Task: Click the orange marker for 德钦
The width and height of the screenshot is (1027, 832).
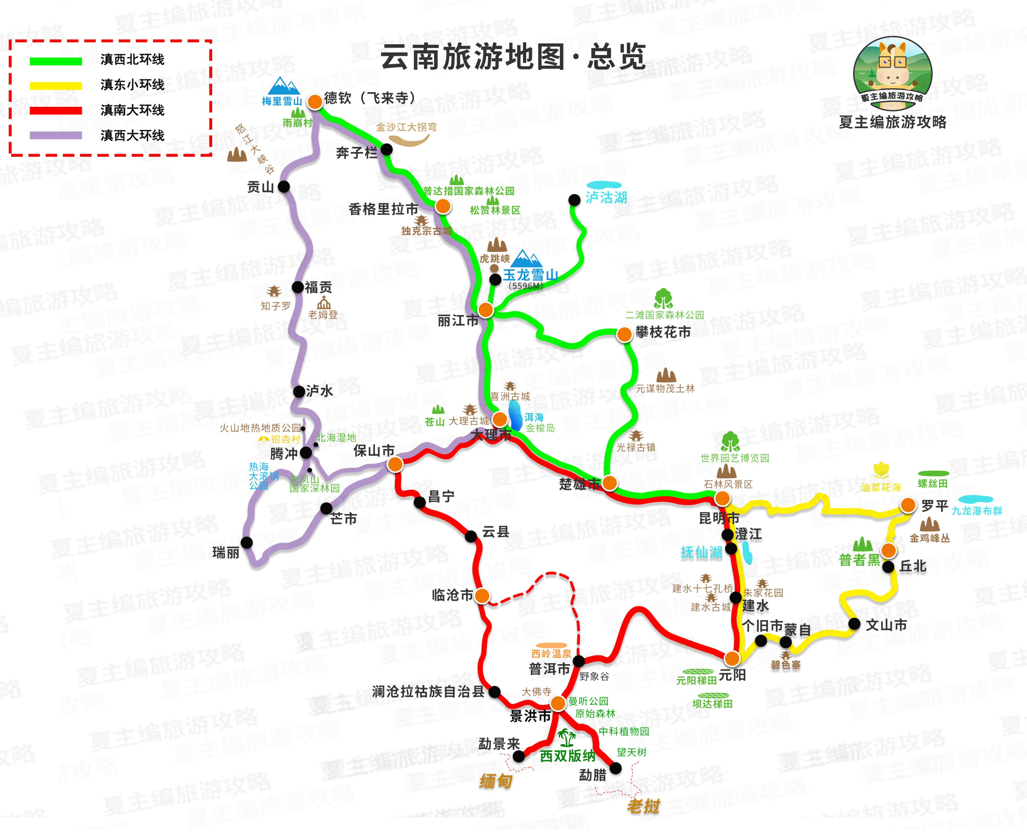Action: [315, 102]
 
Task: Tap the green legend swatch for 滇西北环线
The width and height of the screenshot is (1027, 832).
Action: [56, 61]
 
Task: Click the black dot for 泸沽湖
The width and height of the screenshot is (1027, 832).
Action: [574, 200]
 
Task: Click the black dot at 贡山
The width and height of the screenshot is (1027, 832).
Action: [284, 186]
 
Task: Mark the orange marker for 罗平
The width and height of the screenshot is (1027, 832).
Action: [908, 505]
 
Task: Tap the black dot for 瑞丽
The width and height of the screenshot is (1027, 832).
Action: [247, 542]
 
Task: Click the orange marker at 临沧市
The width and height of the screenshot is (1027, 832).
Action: [482, 596]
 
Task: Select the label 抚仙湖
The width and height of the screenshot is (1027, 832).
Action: [702, 552]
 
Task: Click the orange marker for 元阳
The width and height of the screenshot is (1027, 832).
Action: [732, 658]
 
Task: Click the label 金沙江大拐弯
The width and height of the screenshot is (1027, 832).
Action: [406, 127]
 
